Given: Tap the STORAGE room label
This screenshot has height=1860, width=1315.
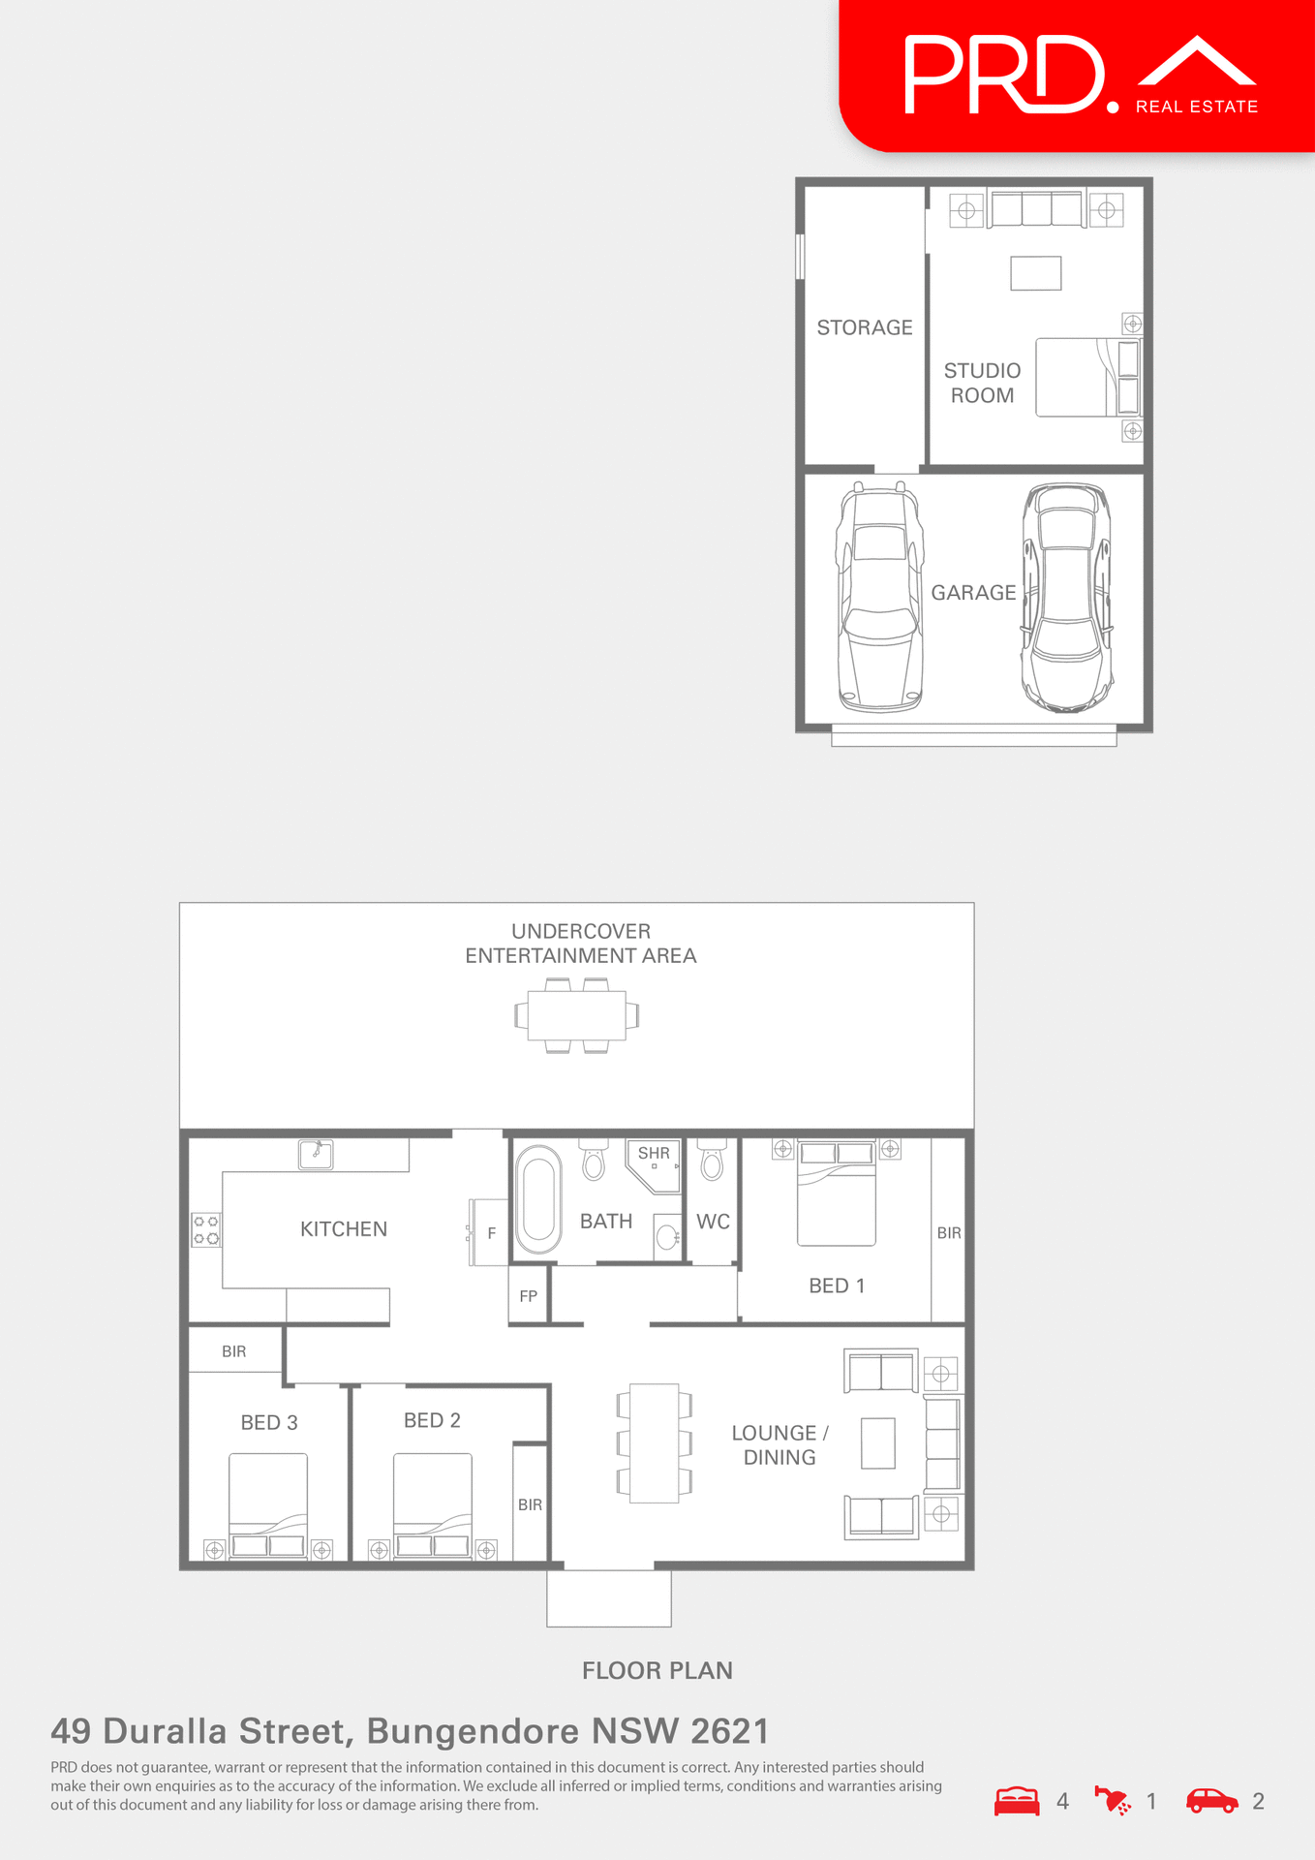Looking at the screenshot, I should click(865, 327).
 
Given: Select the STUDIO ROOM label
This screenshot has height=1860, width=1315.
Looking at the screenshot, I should click(982, 383).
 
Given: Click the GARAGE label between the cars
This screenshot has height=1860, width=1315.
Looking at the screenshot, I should click(973, 593).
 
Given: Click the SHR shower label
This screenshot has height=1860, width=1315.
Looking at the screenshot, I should click(654, 1153).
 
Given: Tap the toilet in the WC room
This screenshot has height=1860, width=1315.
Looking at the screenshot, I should click(712, 1160).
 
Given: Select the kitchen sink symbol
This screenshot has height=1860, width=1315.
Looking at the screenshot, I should click(316, 1154).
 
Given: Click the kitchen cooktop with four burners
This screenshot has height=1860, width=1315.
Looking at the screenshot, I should click(206, 1230).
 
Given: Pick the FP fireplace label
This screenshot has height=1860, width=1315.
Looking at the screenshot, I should click(528, 1296).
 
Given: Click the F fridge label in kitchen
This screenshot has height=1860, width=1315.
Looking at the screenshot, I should click(492, 1233).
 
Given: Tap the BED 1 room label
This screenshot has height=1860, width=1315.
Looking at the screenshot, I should click(837, 1286).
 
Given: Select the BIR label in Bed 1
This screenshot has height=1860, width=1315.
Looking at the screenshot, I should click(949, 1233).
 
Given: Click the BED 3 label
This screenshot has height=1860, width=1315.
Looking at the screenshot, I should click(269, 1422).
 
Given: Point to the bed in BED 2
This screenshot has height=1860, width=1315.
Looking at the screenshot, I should click(433, 1502).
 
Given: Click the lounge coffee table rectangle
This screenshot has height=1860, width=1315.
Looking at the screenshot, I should click(878, 1443).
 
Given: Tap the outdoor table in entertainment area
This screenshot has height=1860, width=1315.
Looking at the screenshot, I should click(577, 1015).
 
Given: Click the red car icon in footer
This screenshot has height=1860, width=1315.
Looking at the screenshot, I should click(1212, 1801).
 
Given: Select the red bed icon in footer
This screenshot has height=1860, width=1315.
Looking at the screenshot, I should click(1017, 1801).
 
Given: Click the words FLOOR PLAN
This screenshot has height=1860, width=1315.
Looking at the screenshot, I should click(657, 1670).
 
